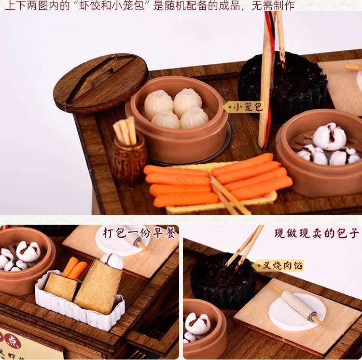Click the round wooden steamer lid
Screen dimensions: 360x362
pyautogui.click(x=100, y=82)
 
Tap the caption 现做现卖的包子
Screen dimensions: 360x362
pyautogui.click(x=316, y=233)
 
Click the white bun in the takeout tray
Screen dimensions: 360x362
pyautogui.click(x=112, y=260)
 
